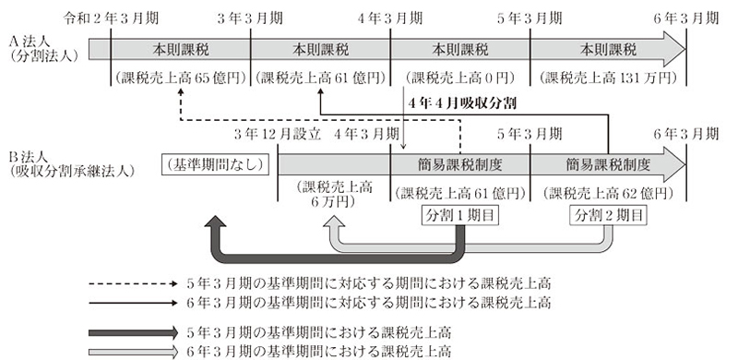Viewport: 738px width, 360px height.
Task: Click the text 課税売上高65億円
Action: [x=180, y=78]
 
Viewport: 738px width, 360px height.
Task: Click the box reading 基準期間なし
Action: [x=213, y=165]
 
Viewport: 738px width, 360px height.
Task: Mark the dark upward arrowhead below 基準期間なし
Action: [x=214, y=223]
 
